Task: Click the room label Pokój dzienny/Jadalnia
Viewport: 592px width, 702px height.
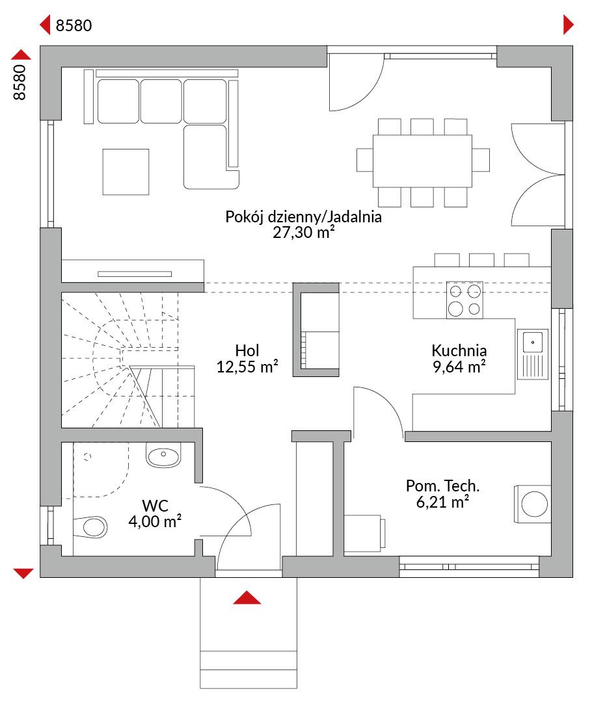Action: [x=303, y=217]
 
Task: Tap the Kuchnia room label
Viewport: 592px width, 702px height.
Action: [x=459, y=350]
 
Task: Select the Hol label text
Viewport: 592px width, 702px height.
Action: [x=247, y=350]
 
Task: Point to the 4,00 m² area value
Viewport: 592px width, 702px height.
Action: [x=155, y=521]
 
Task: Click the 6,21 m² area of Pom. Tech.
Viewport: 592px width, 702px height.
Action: [x=443, y=502]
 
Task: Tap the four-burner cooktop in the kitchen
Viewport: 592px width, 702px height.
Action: [x=464, y=300]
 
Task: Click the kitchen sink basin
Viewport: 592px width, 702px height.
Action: [x=533, y=343]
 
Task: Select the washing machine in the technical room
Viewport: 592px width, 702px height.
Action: [x=532, y=504]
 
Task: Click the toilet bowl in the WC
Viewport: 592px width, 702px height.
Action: [x=91, y=526]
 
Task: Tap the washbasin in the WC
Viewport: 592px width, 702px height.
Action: [x=163, y=455]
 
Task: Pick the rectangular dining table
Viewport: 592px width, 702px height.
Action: [x=422, y=161]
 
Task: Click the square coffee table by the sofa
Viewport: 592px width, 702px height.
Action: [x=126, y=172]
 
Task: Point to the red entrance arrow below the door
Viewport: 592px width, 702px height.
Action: [x=247, y=598]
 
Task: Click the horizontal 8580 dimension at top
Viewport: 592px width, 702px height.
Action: [x=74, y=25]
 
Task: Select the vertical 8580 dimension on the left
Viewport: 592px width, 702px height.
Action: [x=20, y=82]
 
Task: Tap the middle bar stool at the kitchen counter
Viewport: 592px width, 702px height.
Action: [x=482, y=260]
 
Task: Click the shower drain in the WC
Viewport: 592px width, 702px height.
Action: [x=87, y=457]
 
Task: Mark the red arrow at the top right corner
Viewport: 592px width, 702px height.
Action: [x=568, y=25]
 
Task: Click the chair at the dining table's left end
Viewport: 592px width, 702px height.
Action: [x=365, y=160]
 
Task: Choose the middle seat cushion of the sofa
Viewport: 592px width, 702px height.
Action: [x=161, y=101]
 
